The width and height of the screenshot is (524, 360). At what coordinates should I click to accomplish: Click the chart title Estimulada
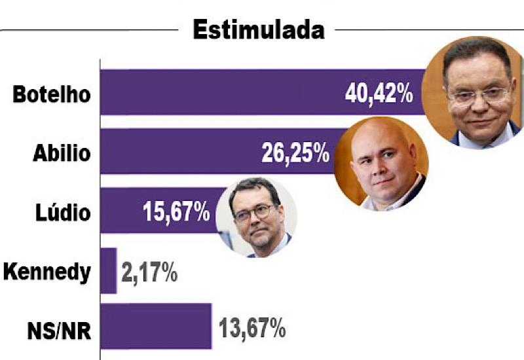259,29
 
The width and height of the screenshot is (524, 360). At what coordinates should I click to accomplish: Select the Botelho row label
52,94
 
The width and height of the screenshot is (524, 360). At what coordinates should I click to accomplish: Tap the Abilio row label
62,153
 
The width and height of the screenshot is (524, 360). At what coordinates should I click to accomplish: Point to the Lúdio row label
63,212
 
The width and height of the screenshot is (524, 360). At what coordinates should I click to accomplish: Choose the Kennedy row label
47,272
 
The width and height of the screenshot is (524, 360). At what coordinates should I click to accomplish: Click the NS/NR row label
59,331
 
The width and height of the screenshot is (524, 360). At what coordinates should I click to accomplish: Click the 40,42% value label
379,94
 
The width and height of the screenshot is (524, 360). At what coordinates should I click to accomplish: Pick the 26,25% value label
296,153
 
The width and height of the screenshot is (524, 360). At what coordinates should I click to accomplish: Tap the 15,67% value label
176,211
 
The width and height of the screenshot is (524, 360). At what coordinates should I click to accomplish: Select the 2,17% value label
149,273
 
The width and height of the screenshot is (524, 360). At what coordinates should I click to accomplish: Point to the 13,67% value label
252,329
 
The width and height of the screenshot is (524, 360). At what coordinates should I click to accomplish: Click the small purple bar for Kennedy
109,271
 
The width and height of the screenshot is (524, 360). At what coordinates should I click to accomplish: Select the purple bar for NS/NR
156,326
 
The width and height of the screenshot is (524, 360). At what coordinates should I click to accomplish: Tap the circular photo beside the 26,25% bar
381,164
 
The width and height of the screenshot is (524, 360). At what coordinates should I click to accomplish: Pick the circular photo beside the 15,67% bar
256,217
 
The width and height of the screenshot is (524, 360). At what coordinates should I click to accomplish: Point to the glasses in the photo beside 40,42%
479,96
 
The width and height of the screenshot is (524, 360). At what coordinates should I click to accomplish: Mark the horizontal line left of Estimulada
90,30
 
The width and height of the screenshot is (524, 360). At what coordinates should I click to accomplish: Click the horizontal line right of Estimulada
430,29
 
